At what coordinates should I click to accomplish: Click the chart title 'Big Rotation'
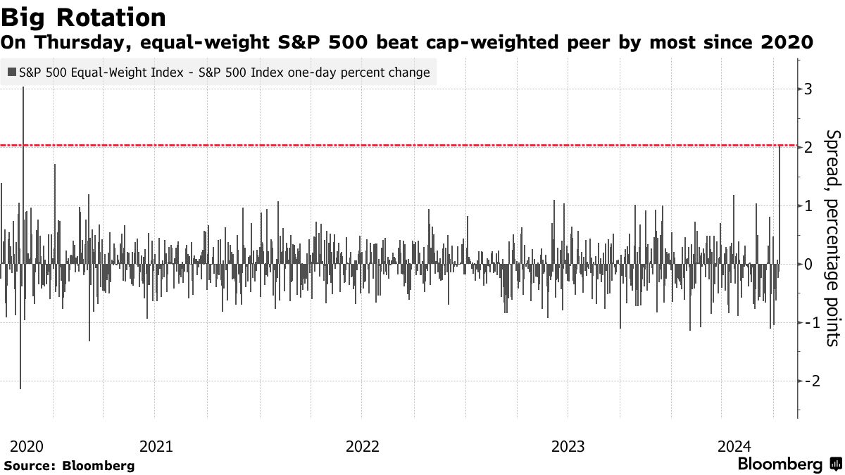(x=84, y=16)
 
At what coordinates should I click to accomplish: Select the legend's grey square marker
(x=12, y=72)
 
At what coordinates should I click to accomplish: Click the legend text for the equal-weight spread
(x=224, y=72)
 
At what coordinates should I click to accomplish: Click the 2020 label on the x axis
(x=27, y=446)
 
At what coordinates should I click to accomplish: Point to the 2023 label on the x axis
(x=568, y=446)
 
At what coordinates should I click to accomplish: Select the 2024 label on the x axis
(x=734, y=446)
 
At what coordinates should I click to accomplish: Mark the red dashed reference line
(x=423, y=146)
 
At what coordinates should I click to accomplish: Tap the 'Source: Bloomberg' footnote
(x=69, y=465)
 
